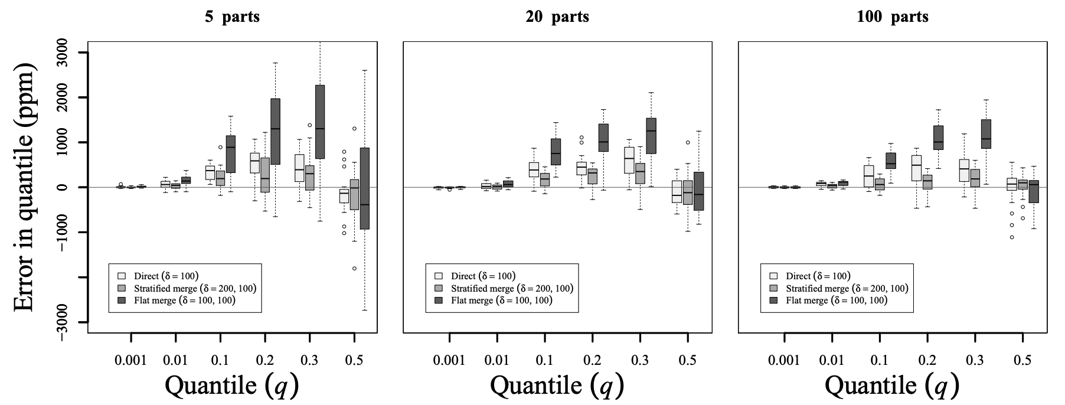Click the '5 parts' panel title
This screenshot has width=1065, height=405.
pos(232,17)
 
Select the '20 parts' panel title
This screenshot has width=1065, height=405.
pos(557,17)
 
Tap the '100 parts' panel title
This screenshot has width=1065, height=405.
pos(893,17)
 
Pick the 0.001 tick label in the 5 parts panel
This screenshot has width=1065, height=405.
pos(130,359)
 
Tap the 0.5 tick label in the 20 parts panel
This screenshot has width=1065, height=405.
pos(687,359)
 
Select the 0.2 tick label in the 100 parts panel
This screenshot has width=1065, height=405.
pos(927,359)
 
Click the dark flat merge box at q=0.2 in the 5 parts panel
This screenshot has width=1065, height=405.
pos(275,131)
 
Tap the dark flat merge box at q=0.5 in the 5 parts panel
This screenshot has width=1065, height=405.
pos(364,188)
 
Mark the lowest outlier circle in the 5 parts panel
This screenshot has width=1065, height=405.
pos(354,268)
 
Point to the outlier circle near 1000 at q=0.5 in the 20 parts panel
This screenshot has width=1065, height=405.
pos(688,142)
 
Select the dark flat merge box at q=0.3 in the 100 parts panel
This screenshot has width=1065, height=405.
pos(986,134)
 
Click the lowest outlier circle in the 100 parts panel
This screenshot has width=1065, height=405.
pos(1011,237)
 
